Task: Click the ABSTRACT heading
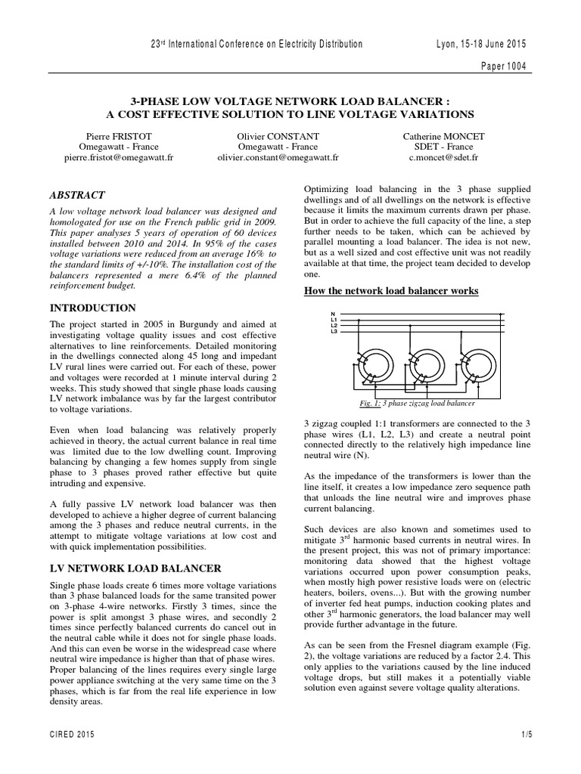point(77,194)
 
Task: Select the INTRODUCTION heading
point(92,308)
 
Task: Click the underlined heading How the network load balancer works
point(392,291)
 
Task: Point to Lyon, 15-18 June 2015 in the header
point(481,44)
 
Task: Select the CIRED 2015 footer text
point(73,734)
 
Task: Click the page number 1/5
point(527,734)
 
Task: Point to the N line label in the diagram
point(333,314)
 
